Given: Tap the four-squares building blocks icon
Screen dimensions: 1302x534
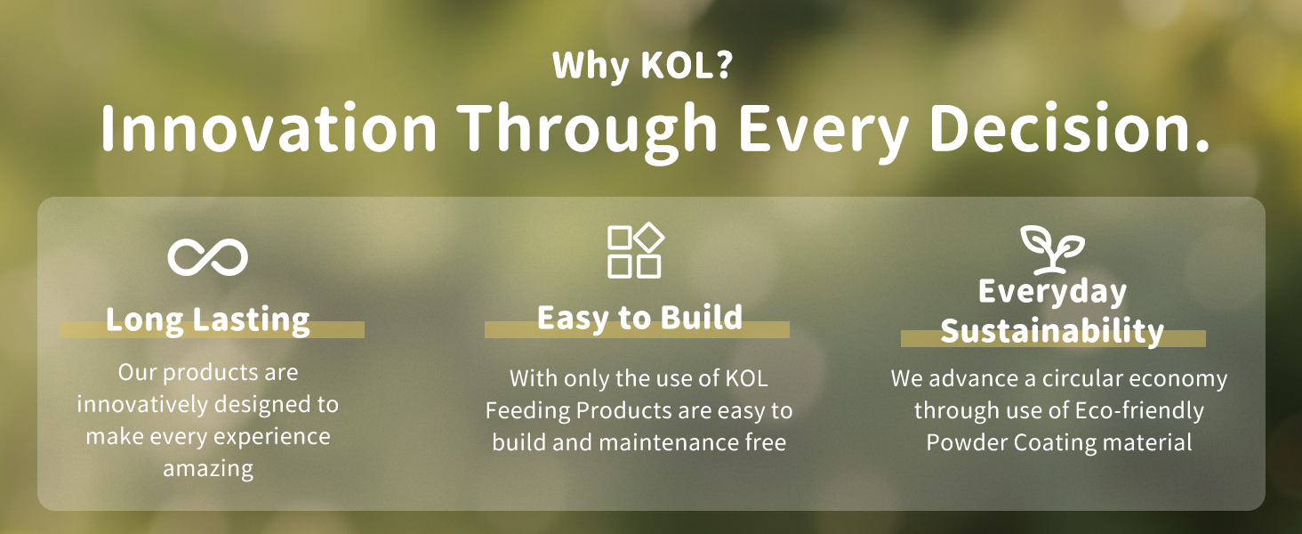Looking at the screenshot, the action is point(635,251).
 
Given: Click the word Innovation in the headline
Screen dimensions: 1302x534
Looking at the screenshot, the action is point(268,128).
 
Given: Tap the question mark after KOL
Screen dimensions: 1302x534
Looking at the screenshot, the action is point(724,65).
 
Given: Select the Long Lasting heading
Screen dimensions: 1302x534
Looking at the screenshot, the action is point(207,320).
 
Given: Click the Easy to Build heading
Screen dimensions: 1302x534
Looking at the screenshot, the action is point(639,318).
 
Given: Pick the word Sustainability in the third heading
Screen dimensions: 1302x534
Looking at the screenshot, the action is point(1053,332).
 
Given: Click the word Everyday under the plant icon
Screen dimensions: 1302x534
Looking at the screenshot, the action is point(1053,292).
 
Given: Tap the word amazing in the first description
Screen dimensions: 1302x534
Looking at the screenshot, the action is point(208,469).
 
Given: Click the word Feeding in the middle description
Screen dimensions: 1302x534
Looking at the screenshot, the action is point(527,411).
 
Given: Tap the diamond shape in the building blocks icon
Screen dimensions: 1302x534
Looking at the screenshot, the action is point(648,238).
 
